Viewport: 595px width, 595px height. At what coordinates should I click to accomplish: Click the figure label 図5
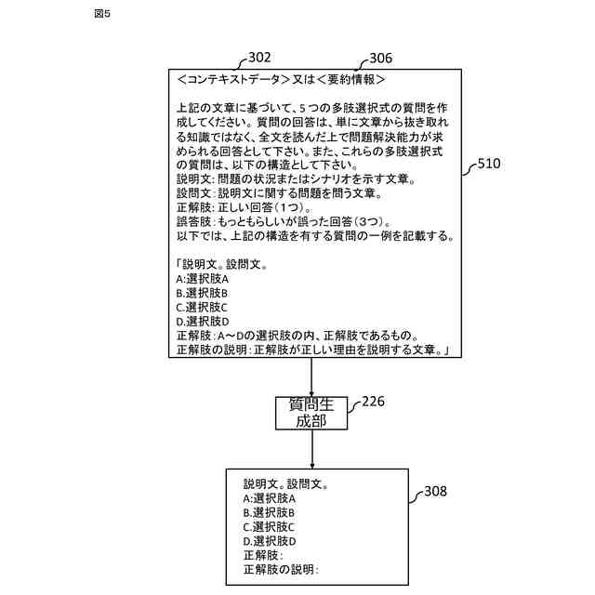coord(101,15)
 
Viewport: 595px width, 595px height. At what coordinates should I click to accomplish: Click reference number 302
coord(260,58)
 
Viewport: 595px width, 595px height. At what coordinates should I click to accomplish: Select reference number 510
coord(488,164)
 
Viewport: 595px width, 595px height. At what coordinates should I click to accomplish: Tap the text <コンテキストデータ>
coord(232,79)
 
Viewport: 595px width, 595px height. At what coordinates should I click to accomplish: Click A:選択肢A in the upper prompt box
coord(203,279)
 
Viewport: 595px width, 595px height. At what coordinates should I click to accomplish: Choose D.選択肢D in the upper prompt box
coord(203,321)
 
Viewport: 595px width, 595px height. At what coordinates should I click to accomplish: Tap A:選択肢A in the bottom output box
coord(270,498)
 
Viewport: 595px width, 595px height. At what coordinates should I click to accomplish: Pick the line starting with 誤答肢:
coord(283,222)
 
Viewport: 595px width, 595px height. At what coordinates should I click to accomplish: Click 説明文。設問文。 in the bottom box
coord(286,483)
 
